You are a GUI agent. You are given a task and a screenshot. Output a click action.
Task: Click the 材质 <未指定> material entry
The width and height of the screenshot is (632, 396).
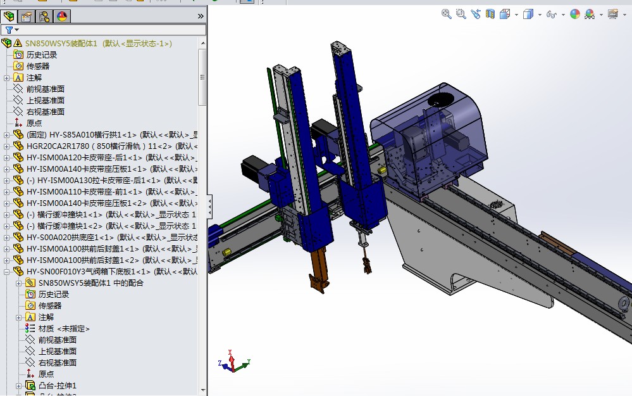click(64, 328)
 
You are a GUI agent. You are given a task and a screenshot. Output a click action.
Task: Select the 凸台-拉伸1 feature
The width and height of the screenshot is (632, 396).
click(57, 385)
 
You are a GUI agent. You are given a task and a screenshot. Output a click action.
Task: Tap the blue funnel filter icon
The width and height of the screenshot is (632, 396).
click(9, 30)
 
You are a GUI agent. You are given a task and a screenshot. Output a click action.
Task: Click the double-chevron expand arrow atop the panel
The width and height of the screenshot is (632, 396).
click(201, 16)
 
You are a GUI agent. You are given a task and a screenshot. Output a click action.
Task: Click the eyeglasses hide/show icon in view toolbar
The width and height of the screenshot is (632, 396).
click(551, 14)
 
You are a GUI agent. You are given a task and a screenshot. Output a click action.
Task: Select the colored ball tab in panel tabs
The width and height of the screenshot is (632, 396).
click(62, 16)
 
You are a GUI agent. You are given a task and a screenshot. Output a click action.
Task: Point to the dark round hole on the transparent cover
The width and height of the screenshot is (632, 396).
click(441, 100)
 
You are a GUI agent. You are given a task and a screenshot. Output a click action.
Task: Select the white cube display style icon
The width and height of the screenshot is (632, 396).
click(528, 14)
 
